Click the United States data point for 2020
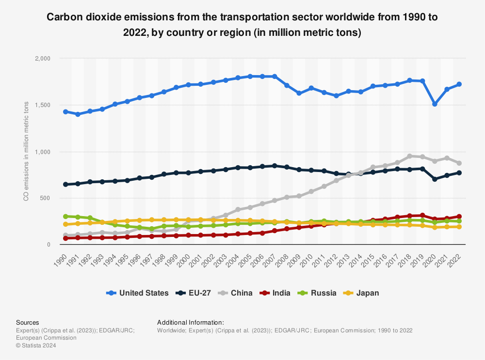(x=435, y=104)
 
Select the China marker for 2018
(x=410, y=156)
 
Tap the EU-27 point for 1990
(x=65, y=184)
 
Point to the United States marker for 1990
(x=65, y=111)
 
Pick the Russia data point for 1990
(x=65, y=217)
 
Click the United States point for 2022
(x=459, y=84)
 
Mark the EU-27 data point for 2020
(x=435, y=179)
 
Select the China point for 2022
(x=459, y=163)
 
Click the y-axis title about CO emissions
(x=26, y=151)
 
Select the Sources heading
(x=28, y=322)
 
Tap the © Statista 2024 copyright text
(x=36, y=345)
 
